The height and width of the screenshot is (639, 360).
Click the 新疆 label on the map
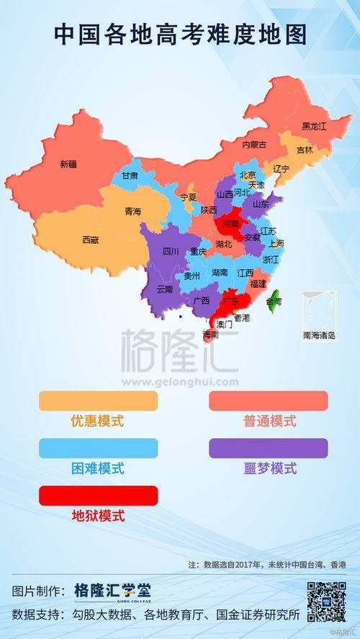(68, 164)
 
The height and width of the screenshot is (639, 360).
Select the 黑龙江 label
(314, 126)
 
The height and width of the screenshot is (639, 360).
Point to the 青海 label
(132, 212)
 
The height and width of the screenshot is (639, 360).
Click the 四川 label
(171, 252)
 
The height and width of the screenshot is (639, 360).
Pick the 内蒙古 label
(253, 145)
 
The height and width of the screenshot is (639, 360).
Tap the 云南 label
(165, 289)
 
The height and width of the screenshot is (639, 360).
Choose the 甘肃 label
(130, 176)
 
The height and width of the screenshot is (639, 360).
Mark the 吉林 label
(305, 150)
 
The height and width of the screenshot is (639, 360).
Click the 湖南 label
(220, 273)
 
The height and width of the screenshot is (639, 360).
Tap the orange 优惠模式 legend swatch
(98, 400)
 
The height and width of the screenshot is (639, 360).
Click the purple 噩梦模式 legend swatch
(268, 448)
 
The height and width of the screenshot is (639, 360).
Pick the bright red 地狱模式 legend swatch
(98, 495)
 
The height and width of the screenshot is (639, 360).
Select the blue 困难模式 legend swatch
(98, 448)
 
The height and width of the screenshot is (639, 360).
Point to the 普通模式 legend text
(269, 421)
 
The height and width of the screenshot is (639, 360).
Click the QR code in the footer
(327, 601)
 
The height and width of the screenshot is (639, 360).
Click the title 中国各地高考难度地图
(180, 33)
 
